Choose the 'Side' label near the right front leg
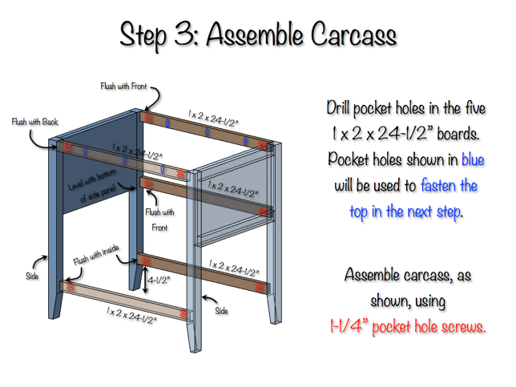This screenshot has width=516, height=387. point(222,308)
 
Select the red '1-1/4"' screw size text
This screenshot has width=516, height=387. point(347,327)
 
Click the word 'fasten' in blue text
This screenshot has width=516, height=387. point(439,186)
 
